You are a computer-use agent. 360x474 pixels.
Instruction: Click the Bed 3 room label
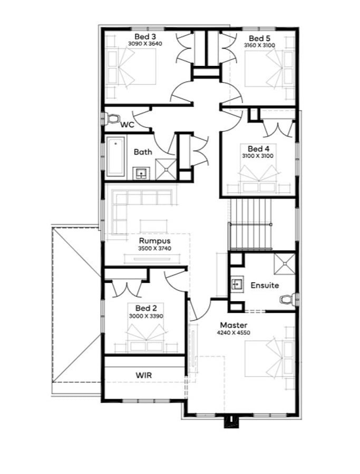pos(145,36)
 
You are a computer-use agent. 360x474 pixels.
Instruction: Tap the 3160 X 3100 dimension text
pos(259,45)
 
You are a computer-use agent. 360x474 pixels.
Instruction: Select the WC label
pos(128,124)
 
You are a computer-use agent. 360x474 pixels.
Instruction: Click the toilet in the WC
pos(111,118)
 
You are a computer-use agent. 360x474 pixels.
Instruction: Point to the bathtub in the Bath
pos(115,156)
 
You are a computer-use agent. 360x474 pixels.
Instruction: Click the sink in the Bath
pos(141,173)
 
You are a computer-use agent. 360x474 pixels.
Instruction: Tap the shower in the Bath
pos(166,170)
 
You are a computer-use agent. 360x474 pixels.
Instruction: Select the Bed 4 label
pos(258,149)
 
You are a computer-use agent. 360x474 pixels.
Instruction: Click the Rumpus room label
pos(154,241)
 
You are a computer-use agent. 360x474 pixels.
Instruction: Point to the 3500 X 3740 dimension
pos(154,249)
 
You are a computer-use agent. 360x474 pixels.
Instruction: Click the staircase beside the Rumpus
pos(251,224)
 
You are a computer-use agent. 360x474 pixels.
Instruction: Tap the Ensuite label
pos(265,285)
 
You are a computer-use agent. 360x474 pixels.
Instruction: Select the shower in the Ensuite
pos(285,264)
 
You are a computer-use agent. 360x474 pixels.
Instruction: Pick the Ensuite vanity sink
pos(237,284)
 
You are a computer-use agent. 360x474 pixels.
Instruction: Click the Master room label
pos(233,325)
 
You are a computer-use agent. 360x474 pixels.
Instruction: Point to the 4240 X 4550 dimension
pos(233,333)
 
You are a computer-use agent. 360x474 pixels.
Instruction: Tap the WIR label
pos(144,376)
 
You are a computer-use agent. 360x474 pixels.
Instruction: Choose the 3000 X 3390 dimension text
pos(146,316)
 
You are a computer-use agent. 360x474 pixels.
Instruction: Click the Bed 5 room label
pos(259,38)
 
